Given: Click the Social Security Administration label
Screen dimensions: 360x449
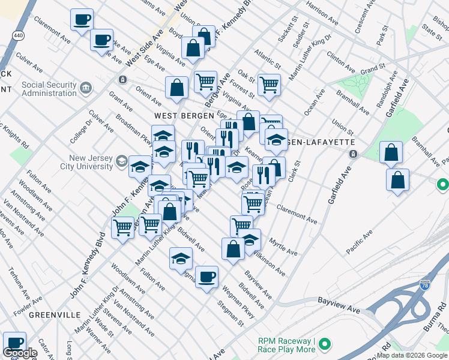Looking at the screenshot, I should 49,89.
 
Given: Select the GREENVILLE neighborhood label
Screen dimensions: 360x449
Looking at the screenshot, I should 55,315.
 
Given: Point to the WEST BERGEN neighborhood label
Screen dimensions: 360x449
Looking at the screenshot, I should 184,115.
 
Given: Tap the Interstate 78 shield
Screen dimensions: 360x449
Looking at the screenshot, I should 425,286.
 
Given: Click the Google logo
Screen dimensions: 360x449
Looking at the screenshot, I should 20,353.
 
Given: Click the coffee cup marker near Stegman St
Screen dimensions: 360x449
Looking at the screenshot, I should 207,277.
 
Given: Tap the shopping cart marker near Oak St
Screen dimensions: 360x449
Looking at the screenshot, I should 269,84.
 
